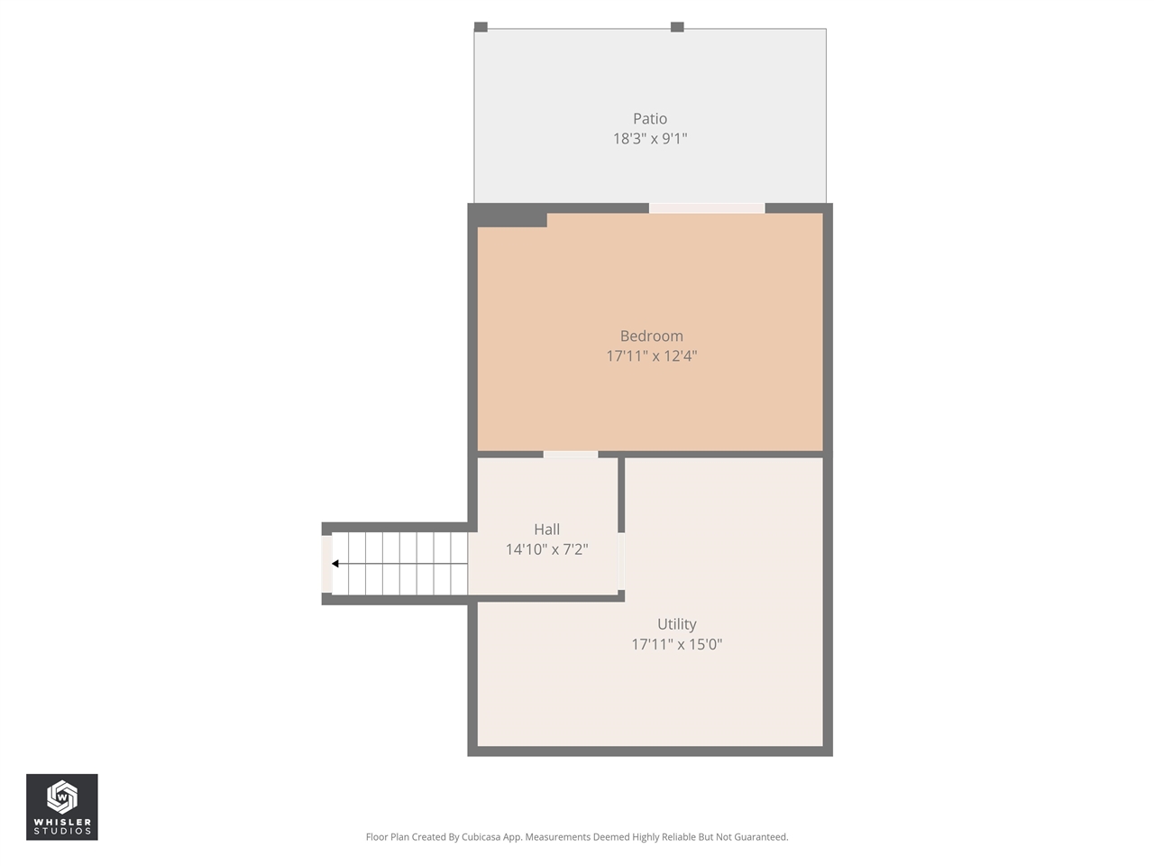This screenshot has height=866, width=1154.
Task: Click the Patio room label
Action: click(x=649, y=118)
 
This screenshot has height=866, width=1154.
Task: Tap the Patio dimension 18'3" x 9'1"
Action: click(x=649, y=139)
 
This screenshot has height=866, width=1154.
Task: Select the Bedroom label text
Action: click(x=651, y=336)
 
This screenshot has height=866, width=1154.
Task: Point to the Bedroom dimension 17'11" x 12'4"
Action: click(x=651, y=356)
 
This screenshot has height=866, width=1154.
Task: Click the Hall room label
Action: click(x=546, y=530)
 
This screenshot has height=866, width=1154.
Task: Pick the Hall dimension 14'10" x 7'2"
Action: click(x=546, y=549)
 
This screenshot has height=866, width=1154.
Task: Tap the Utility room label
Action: click(x=676, y=624)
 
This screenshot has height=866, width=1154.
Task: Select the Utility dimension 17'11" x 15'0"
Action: click(x=676, y=644)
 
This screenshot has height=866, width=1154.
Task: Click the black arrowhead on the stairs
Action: click(x=335, y=564)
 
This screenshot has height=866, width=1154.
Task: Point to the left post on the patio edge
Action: click(x=481, y=27)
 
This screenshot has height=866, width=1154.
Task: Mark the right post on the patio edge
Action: click(x=677, y=27)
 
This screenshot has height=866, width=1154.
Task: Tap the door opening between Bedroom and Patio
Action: click(x=707, y=208)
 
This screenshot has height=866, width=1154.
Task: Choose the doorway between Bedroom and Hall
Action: click(x=570, y=455)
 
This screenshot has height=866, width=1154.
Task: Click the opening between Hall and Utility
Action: click(x=621, y=560)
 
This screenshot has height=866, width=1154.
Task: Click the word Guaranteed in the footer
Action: click(x=758, y=837)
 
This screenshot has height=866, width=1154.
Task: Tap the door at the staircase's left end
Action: click(x=326, y=565)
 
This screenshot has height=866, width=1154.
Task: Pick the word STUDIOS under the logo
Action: click(x=61, y=831)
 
